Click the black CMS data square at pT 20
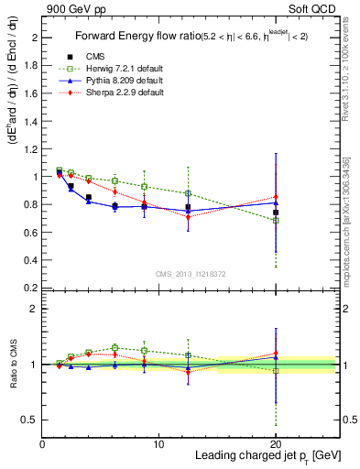[x=276, y=213]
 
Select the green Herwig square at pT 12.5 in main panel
[x=188, y=193]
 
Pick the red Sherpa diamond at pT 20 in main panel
[x=276, y=197]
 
